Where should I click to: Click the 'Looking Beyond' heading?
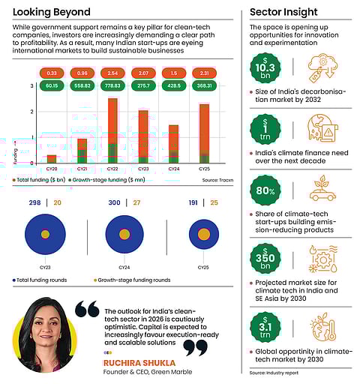(52, 12)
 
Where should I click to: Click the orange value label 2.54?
(112, 73)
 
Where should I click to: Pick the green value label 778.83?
(112, 86)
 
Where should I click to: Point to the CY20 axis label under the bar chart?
(51, 169)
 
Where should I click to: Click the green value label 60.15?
(52, 86)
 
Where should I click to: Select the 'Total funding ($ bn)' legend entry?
(38, 180)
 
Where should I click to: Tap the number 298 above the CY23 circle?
(34, 202)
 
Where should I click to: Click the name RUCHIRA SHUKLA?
(132, 362)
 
